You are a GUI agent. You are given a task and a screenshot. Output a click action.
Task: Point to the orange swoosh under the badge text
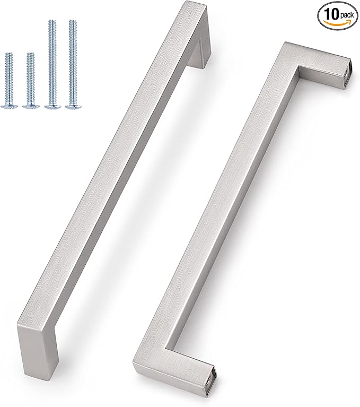[x=338, y=22]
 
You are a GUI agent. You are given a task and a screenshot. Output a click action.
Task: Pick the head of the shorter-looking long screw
[x=51, y=106]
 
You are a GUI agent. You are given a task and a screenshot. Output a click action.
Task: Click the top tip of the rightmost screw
[x=71, y=22]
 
